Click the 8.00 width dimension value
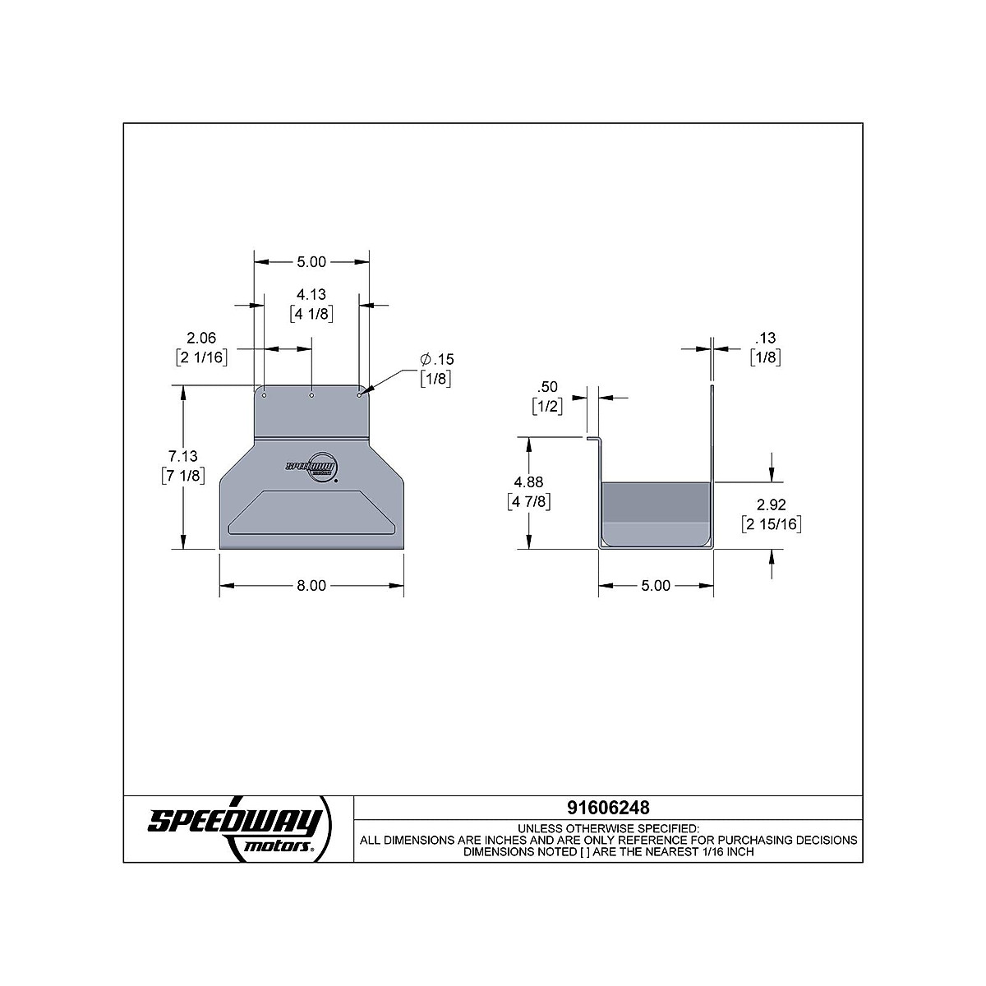point(311,585)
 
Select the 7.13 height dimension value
point(182,456)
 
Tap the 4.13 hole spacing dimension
point(311,294)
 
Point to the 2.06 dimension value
point(201,338)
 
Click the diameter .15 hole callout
point(437,359)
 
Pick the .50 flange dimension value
point(547,387)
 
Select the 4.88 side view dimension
point(528,482)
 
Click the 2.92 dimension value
point(771,505)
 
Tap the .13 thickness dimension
point(766,338)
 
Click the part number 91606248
point(608,808)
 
